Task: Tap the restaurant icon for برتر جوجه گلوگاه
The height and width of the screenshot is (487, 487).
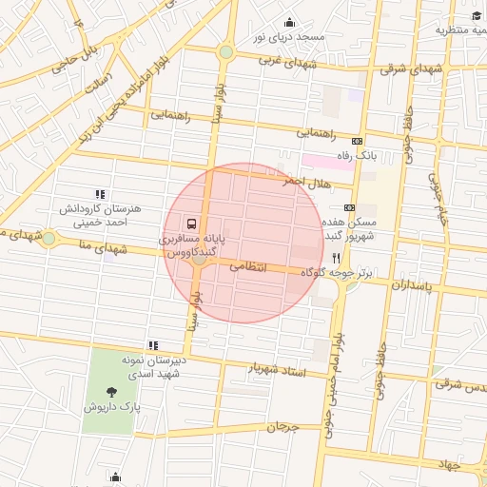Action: pos(336,258)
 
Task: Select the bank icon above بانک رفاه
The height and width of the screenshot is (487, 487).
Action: pos(357,140)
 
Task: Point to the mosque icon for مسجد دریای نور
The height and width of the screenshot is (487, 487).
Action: pos(290,22)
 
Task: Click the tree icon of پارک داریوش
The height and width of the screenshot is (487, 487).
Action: pos(112,391)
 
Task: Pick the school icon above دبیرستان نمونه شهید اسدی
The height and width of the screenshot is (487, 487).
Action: pos(152,345)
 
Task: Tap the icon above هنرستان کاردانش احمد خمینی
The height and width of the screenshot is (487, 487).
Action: pos(101,194)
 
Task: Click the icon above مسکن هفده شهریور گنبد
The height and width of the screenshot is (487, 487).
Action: pos(349,207)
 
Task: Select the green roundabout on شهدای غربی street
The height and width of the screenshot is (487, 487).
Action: pos(225,52)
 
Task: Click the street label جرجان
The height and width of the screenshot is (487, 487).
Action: pos(282,427)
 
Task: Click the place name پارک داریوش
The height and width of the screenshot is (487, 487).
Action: pos(111,406)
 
